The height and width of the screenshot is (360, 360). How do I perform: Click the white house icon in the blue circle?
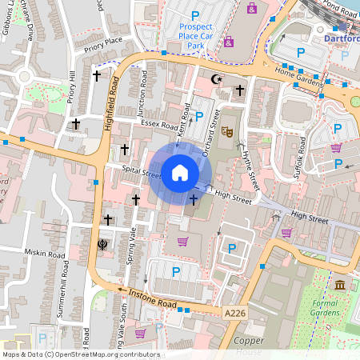(x=180, y=172)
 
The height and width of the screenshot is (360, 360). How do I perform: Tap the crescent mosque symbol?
(x=214, y=79)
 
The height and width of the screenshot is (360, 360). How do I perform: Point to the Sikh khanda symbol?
(x=102, y=244)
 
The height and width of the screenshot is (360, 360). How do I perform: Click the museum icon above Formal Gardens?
(x=341, y=286)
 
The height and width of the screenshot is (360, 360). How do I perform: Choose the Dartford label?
(x=342, y=38)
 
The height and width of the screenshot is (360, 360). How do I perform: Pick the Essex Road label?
(x=158, y=126)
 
